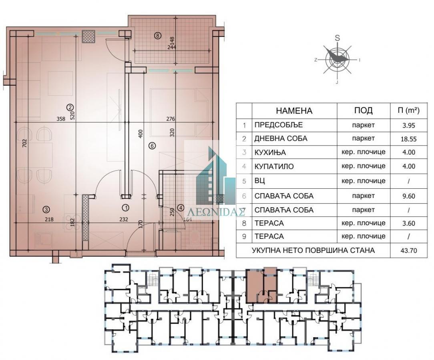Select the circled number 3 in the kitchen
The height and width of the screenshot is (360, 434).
click(46, 210)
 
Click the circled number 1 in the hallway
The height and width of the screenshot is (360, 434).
click(126, 207)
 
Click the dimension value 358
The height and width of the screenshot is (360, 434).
click(60, 119)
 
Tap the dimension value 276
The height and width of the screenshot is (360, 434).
click(171, 119)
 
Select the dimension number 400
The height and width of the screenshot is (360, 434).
click(141, 134)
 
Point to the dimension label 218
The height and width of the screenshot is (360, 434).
click(49, 219)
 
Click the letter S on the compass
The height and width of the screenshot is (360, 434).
click(338, 38)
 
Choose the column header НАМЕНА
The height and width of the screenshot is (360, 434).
click(294, 111)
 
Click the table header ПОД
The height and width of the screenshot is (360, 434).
click(363, 110)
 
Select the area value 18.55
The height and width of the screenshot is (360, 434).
click(408, 139)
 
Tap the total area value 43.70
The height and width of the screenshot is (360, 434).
click(408, 251)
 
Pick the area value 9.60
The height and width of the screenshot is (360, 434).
click(408, 196)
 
